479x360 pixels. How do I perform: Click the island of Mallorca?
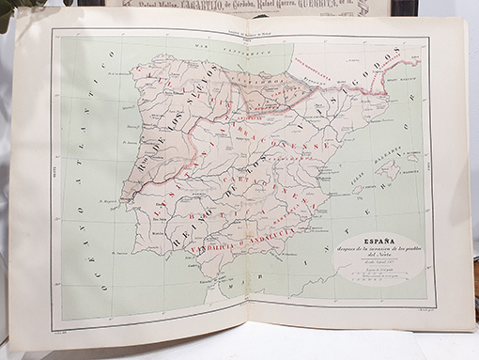point(386,172)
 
